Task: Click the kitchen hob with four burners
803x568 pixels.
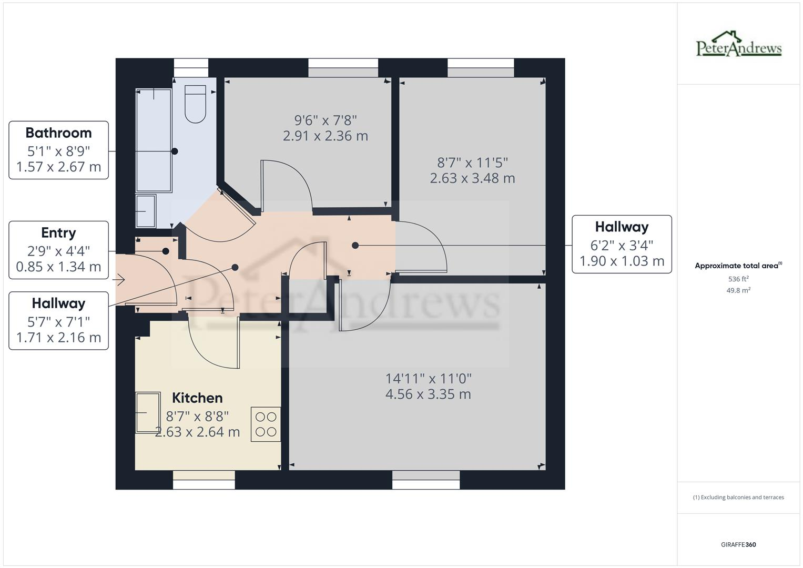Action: tap(266, 424)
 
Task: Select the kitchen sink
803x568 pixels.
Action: tap(148, 413)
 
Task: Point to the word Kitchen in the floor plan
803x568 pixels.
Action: tap(197, 398)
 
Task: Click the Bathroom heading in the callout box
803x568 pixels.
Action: tap(58, 133)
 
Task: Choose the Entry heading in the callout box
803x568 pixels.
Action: tap(58, 232)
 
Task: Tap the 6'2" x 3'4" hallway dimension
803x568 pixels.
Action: tap(622, 245)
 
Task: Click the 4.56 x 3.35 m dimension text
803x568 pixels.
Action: tap(428, 394)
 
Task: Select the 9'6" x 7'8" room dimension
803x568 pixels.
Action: tap(326, 120)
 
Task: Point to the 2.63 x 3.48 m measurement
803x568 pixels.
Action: tap(472, 178)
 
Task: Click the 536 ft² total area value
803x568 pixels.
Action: tap(738, 279)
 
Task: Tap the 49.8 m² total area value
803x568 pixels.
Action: tap(738, 290)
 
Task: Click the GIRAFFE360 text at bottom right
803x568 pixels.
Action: tap(738, 544)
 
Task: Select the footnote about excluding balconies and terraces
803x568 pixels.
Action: tap(738, 497)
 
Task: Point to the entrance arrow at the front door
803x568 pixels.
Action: tap(119, 280)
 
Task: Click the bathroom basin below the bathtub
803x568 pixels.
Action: tap(146, 211)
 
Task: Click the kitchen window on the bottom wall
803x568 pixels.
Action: tap(204, 480)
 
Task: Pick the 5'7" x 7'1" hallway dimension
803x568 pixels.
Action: tap(58, 321)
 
